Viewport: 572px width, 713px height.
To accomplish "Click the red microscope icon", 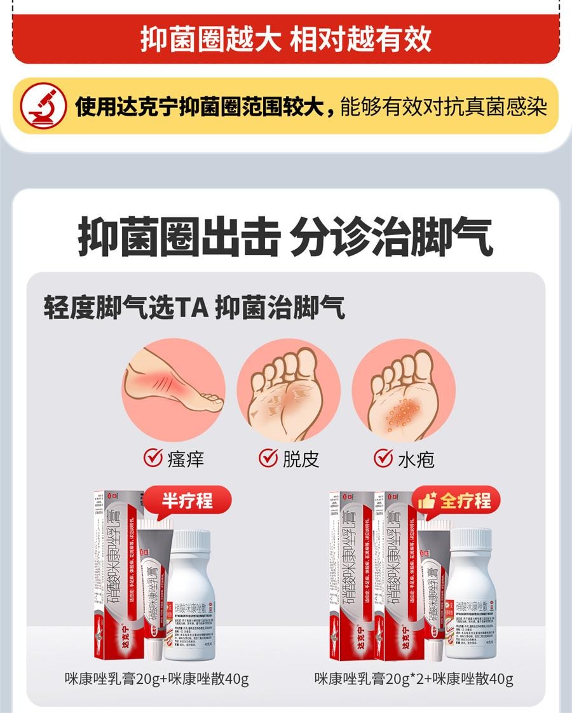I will coord(43,105).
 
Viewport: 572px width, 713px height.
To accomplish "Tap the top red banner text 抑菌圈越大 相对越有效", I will coord(285,39).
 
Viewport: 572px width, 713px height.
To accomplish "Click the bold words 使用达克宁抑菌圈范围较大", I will coord(205,106).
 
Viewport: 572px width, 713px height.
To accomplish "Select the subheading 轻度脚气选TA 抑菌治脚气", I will coord(194,309).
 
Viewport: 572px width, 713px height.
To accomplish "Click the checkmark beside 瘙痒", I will coord(153,458).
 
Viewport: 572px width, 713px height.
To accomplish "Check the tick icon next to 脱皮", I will coord(268,458).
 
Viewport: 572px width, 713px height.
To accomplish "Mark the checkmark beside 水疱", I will coord(383,458).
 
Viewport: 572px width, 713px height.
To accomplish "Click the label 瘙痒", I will coord(186,459).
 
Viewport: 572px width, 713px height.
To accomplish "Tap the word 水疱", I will coord(416,459).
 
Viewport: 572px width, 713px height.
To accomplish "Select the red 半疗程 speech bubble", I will coord(186,501).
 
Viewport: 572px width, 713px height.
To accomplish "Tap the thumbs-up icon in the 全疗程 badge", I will coord(426,501).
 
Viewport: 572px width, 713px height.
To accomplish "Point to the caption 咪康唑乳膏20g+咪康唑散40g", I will coord(156,679).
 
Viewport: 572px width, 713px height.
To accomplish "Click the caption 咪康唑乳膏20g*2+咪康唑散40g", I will coord(414,679).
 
